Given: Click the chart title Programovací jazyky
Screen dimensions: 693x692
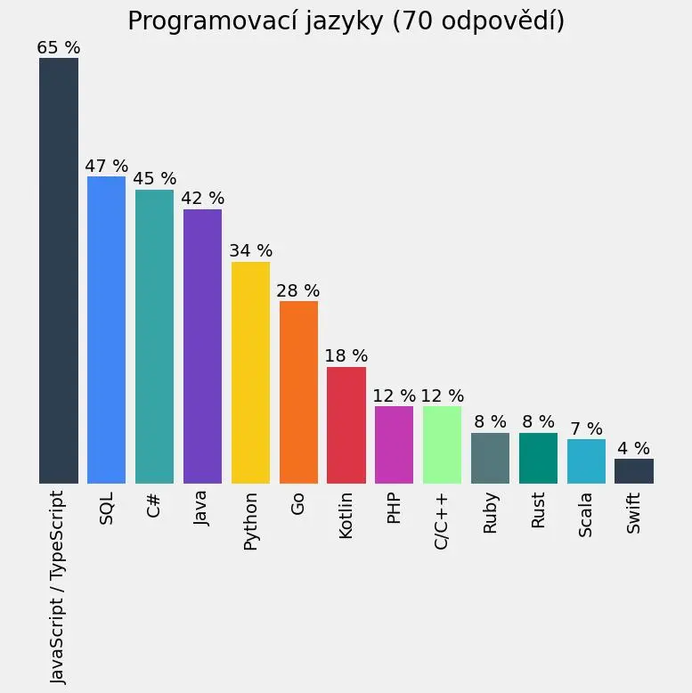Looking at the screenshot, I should coord(346,21).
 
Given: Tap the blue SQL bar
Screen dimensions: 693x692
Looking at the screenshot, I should coord(107,330).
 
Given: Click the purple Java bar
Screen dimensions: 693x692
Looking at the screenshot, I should coord(202,346).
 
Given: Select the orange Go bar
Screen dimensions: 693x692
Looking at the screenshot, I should coord(298,392).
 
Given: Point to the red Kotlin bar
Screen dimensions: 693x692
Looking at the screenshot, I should coord(346,425).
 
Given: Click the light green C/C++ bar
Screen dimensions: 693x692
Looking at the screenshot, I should coord(443,444).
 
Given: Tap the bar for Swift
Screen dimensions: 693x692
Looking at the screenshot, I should coord(634,471).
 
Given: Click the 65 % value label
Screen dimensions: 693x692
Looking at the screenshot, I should coord(59,48).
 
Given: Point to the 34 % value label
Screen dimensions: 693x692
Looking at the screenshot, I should coord(250,251).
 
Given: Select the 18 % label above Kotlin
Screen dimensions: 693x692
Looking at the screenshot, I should coord(346,356).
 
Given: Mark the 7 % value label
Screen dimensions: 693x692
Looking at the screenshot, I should coord(586,429).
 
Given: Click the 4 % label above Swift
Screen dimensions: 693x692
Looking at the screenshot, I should coord(634,449).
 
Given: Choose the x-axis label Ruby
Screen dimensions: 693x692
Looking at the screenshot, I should coord(491,512).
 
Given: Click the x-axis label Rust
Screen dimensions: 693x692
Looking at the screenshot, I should coord(539,510).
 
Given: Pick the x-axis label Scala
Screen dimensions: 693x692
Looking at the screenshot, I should coord(586,515).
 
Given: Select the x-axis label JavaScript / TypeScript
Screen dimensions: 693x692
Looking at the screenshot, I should coord(59,586).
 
